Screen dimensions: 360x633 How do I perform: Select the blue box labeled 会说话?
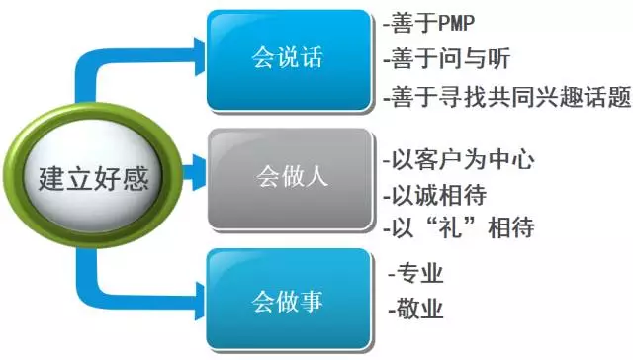click(x=287, y=58)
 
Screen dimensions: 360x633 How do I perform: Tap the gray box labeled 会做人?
click(x=287, y=178)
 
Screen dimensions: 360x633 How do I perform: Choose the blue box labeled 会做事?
click(x=287, y=296)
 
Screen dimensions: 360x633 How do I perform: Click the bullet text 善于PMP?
click(x=428, y=21)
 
